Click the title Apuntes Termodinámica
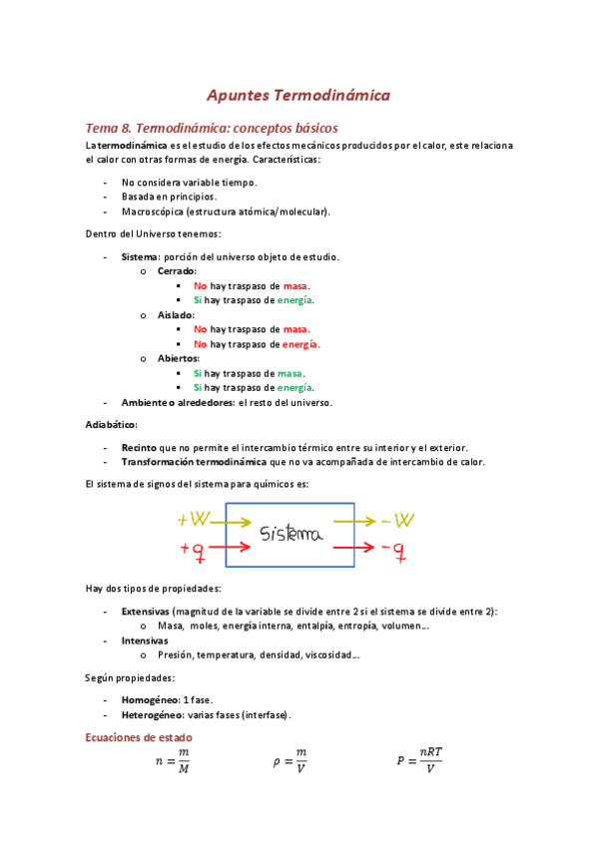[298, 96]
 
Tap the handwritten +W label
[194, 520]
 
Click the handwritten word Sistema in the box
[292, 535]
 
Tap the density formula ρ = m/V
[291, 760]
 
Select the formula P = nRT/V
[418, 760]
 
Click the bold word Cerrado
[177, 271]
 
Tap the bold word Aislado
[176, 315]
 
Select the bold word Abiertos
[179, 358]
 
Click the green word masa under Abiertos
[290, 373]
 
